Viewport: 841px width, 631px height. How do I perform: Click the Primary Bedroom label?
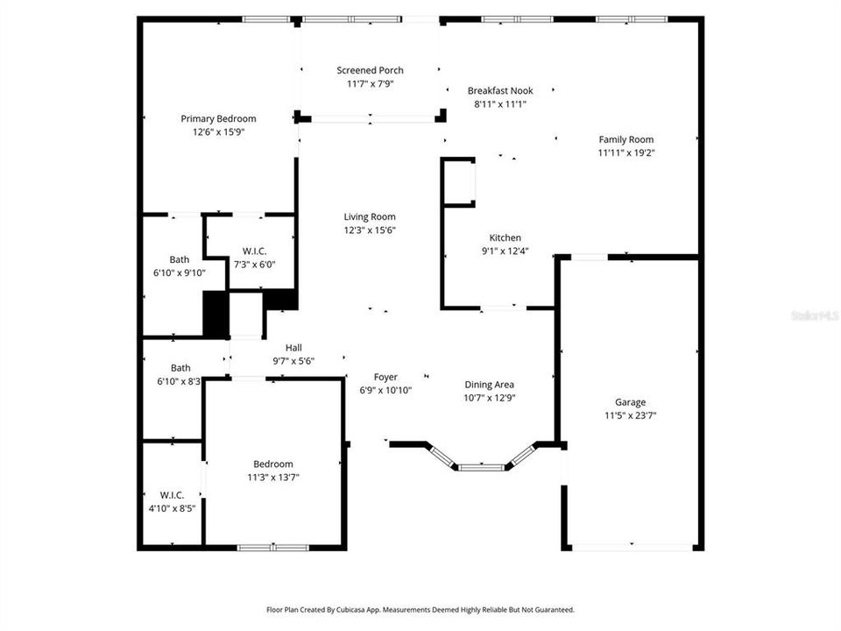click(x=218, y=119)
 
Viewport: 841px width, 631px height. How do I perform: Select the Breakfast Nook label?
click(x=499, y=90)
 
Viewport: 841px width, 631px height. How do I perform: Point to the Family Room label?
click(x=625, y=139)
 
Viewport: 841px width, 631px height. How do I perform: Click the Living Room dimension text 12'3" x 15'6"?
click(x=369, y=230)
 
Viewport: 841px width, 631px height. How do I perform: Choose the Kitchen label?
click(x=505, y=238)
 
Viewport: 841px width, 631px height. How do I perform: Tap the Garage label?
click(x=630, y=402)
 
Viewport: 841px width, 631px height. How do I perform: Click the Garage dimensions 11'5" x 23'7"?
click(x=630, y=415)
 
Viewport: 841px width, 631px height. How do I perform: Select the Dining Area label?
click(x=489, y=384)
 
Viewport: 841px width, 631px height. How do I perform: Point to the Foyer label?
click(x=385, y=378)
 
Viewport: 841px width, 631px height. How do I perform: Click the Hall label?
click(x=293, y=347)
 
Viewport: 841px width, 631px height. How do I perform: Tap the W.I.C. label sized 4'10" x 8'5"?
click(x=172, y=494)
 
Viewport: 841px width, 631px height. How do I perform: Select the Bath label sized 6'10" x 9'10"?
click(x=180, y=259)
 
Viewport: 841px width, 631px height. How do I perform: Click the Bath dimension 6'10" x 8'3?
click(x=180, y=381)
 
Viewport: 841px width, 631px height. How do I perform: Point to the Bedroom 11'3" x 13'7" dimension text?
click(x=273, y=477)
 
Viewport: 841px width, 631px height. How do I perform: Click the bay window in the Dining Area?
click(x=481, y=466)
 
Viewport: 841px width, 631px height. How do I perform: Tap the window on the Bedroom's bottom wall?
click(x=273, y=548)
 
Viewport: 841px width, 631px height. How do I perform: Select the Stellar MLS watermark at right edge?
click(x=814, y=314)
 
